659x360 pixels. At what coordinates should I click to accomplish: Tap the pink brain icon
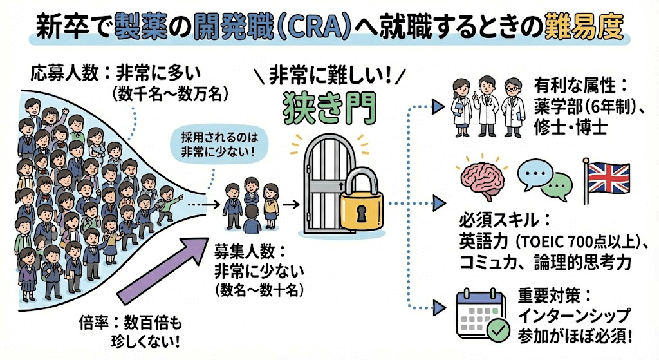[485, 178]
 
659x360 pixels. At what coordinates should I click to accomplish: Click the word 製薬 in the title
[140, 27]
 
